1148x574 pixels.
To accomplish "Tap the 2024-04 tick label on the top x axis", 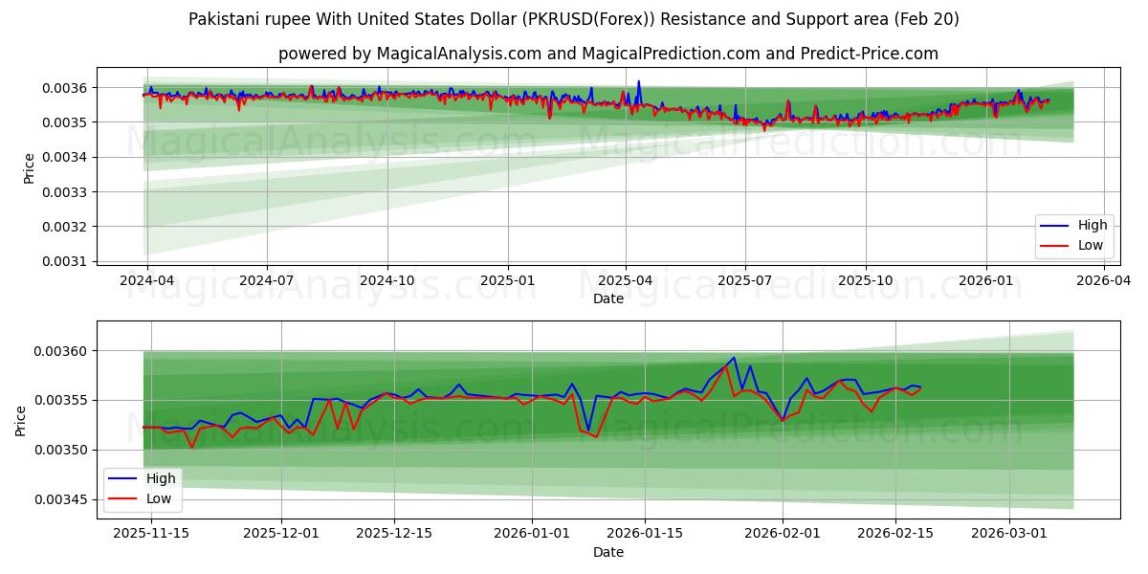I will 146,281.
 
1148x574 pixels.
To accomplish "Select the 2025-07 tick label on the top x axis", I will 745,281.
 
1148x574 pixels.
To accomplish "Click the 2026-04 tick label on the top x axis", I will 1104,281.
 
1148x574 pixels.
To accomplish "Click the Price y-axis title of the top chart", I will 29,168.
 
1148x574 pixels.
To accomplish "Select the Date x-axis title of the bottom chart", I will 607,552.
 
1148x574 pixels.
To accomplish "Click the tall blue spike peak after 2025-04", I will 638,81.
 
